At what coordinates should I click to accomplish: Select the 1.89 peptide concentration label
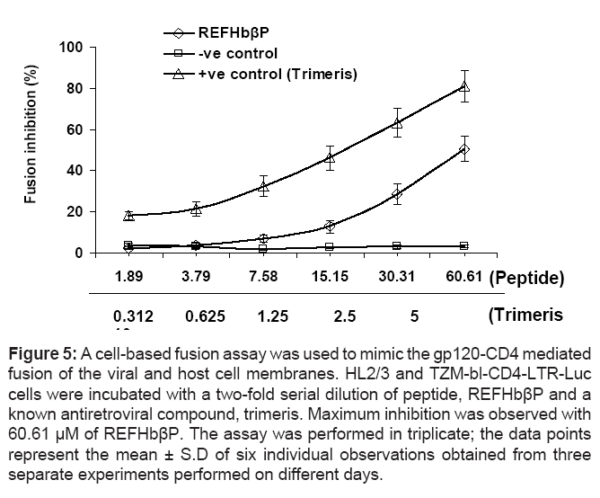tap(129, 277)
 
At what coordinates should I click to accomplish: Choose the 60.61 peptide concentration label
tap(463, 277)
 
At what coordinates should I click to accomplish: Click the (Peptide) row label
tap(526, 278)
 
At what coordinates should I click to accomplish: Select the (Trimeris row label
tap(525, 316)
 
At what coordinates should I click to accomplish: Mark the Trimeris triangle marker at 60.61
tap(464, 86)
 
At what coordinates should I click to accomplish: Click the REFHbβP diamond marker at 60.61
tap(464, 149)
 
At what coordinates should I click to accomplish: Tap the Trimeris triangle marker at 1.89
tap(129, 216)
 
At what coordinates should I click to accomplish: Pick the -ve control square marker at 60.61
tap(464, 245)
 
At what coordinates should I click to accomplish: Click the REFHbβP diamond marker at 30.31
tap(397, 194)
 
